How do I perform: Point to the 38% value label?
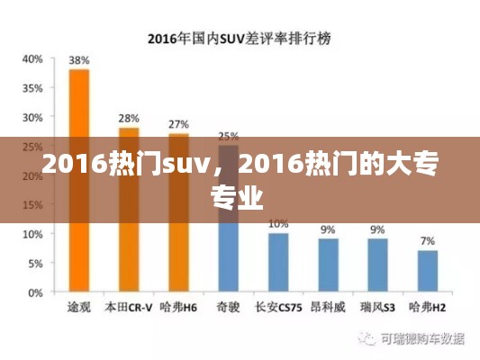click(x=79, y=60)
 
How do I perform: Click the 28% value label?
click(x=129, y=119)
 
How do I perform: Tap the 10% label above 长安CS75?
click(x=278, y=223)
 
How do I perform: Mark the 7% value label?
click(x=427, y=241)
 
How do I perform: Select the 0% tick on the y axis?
click(x=35, y=292)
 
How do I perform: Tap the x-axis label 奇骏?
click(x=228, y=307)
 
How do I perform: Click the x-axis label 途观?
click(x=79, y=307)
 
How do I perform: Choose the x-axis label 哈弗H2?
click(x=427, y=307)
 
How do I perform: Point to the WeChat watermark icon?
click(x=367, y=339)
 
